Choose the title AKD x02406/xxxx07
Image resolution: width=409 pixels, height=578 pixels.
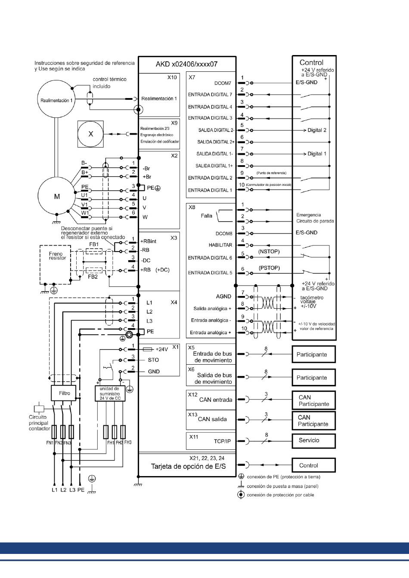[x=186, y=64]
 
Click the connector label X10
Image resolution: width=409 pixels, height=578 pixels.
[x=172, y=77]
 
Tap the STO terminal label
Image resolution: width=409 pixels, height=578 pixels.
[x=153, y=360]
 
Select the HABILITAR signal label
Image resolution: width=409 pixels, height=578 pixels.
[x=220, y=245]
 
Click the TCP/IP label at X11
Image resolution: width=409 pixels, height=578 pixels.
[x=222, y=441]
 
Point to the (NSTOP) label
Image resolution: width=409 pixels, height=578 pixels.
[x=269, y=251]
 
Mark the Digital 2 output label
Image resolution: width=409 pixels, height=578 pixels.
[x=317, y=130]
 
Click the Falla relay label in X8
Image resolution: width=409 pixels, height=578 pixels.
[x=207, y=216]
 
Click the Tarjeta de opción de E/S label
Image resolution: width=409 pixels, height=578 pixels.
[x=188, y=467]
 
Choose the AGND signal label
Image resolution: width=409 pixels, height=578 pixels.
[x=223, y=296]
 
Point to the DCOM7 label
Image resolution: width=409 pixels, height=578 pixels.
[x=223, y=83]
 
